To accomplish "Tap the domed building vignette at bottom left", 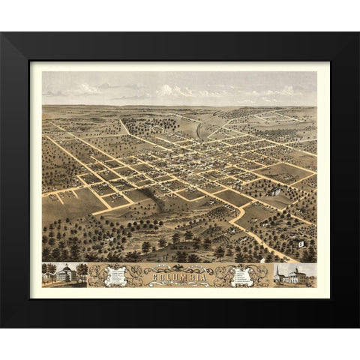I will click(x=64, y=274).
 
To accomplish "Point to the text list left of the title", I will click(x=114, y=275).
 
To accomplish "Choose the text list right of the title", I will click(x=242, y=275).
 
